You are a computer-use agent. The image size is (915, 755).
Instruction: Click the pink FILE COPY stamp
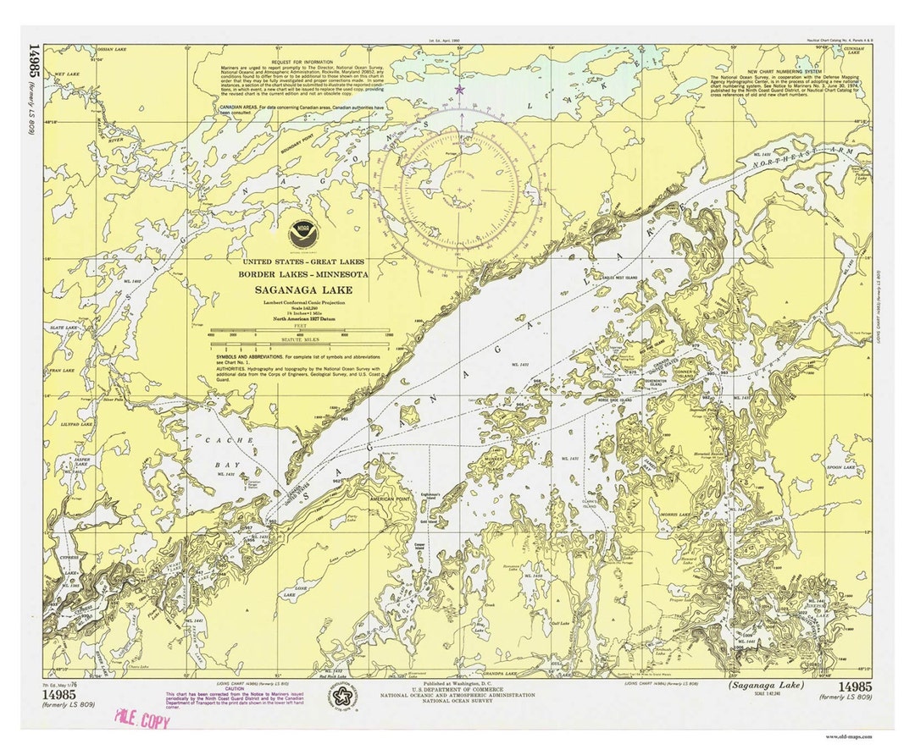pos(142,721)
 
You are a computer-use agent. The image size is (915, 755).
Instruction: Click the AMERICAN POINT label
pos(391,500)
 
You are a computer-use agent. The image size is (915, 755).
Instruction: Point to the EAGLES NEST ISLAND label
pos(610,278)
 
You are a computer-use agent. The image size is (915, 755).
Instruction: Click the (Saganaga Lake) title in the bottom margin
pos(766,686)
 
